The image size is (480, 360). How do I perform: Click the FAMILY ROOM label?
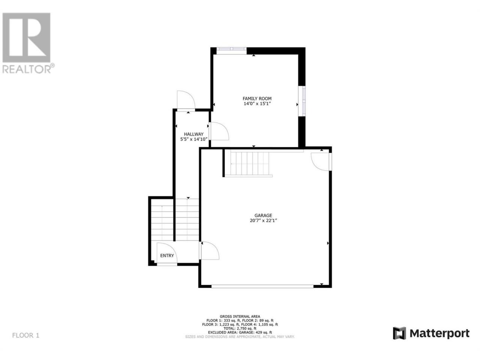[257, 99]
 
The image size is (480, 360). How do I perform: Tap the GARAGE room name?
[263, 216]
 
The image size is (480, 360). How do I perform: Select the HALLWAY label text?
[193, 134]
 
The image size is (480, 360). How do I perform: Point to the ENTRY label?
[167, 255]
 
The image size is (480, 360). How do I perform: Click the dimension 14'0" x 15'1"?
[257, 104]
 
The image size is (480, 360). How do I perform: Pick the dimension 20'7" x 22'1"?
[263, 220]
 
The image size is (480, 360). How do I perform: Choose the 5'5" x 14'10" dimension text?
[193, 139]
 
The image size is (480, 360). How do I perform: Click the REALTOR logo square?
[27, 37]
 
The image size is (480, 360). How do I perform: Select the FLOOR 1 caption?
[26, 335]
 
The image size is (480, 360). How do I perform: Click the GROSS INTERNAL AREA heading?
[240, 316]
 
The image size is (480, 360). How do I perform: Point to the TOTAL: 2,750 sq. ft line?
[240, 328]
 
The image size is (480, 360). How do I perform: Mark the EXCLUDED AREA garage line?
[240, 333]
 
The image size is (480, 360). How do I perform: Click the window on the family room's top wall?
[232, 49]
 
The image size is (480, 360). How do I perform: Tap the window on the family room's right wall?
[303, 101]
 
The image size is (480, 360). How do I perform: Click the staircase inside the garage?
[249, 164]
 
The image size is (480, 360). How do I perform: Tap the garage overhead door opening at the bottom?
[262, 286]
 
